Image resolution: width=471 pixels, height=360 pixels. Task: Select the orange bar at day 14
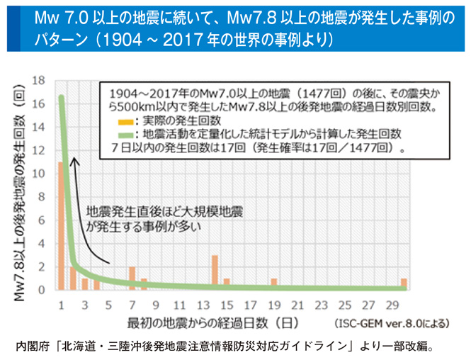tap(214, 272)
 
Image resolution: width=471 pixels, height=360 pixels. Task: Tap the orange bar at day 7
tap(132, 278)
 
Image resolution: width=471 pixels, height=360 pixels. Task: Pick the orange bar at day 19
tap(273, 283)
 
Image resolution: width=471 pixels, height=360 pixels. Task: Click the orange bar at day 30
tap(404, 283)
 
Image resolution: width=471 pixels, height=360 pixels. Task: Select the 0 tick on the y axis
tap(43, 290)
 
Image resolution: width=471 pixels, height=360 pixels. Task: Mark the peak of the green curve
tap(61, 97)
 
